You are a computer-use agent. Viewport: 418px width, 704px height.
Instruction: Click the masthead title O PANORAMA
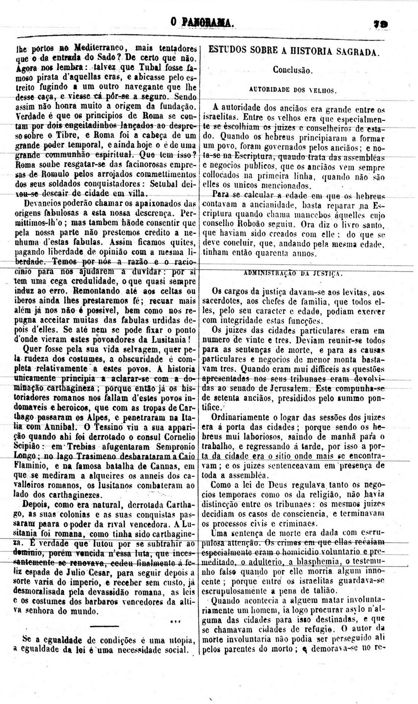(202, 23)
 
